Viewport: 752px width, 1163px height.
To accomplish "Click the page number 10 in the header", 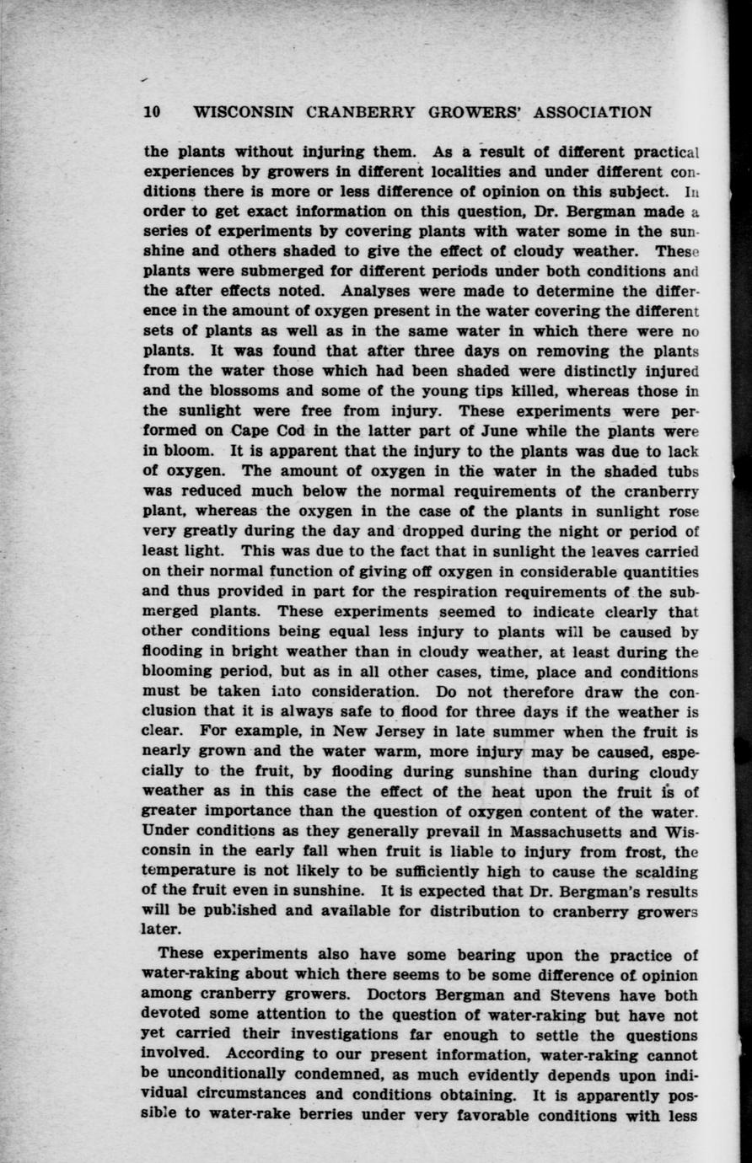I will point(152,112).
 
